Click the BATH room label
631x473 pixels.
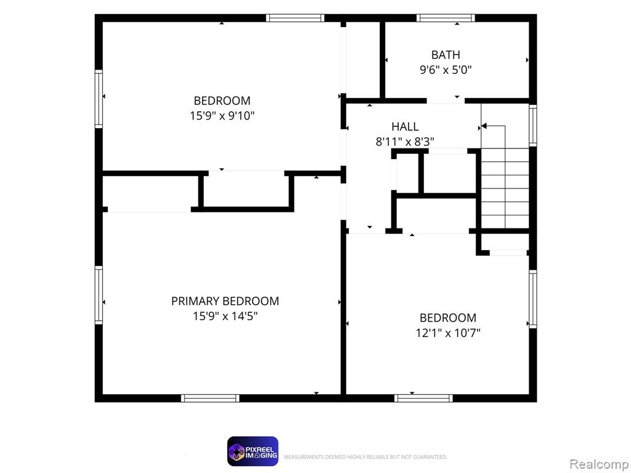[x=446, y=55]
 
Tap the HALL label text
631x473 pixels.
[x=405, y=127]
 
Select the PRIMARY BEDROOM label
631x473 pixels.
[x=225, y=301]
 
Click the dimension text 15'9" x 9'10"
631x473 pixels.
[x=222, y=116]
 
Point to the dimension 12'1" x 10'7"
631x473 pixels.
[x=448, y=333]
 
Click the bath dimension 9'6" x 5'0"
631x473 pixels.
[x=446, y=70]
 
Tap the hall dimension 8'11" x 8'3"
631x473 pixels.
[x=405, y=142]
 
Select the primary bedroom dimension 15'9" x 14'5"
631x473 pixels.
[x=225, y=316]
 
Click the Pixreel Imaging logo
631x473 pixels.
[x=253, y=451]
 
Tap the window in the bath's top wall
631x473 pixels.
[x=446, y=18]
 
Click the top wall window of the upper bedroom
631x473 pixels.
[x=295, y=18]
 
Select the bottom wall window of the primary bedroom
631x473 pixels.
[x=210, y=398]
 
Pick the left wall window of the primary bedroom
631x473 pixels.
[x=99, y=295]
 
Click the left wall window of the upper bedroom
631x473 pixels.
[x=99, y=99]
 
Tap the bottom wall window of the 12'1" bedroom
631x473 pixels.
[x=423, y=398]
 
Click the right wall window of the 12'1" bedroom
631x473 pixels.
[x=533, y=299]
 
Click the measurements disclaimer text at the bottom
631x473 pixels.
[x=365, y=457]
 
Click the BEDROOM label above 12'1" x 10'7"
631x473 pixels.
[x=448, y=318]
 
